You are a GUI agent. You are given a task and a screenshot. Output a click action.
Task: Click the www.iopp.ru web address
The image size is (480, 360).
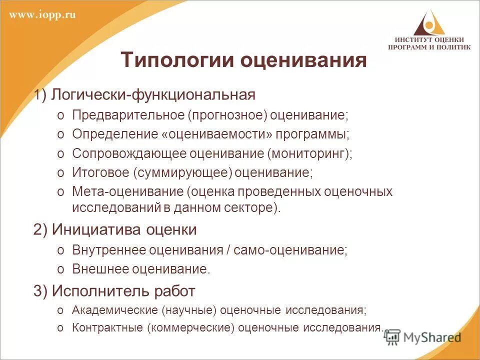(x=42, y=14)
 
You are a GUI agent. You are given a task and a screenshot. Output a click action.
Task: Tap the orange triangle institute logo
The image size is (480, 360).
(x=428, y=22)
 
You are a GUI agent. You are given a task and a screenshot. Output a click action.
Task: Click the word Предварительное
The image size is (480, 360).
(x=128, y=115)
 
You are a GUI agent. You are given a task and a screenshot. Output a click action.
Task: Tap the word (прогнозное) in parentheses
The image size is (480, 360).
(x=228, y=115)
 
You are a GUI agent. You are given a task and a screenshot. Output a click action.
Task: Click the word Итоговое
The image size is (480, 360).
(x=100, y=173)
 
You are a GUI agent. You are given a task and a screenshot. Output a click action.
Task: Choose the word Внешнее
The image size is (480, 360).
(x=99, y=269)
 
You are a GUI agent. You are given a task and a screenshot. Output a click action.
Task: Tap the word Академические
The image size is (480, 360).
(x=114, y=310)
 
